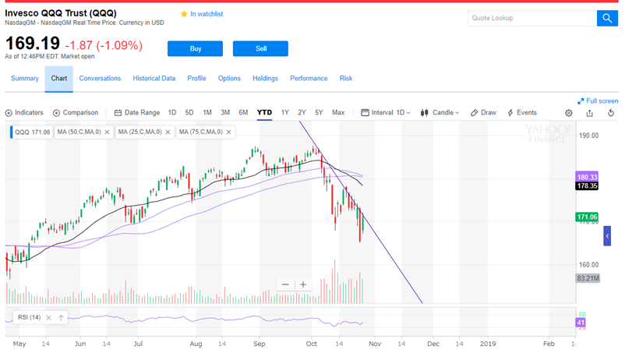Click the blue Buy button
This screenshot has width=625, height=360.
[195, 48]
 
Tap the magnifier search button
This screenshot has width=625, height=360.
[607, 19]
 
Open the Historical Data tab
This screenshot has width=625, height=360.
[154, 78]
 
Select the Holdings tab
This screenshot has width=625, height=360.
[265, 78]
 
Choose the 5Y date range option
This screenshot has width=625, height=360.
[319, 112]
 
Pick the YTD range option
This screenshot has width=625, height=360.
[264, 112]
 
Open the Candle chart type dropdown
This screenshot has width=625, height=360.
[440, 112]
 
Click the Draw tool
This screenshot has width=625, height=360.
[483, 112]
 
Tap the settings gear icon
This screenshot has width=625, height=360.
[569, 113]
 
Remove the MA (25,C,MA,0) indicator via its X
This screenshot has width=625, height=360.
[168, 132]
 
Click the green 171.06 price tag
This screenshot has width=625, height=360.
[587, 217]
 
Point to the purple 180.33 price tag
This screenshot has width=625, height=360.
[587, 177]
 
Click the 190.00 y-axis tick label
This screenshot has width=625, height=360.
[588, 136]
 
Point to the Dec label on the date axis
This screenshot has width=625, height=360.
[433, 344]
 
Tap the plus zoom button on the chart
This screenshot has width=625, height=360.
[303, 284]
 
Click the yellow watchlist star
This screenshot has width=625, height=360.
[184, 14]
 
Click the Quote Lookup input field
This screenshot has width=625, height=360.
[532, 19]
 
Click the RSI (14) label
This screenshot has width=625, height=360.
[29, 317]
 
